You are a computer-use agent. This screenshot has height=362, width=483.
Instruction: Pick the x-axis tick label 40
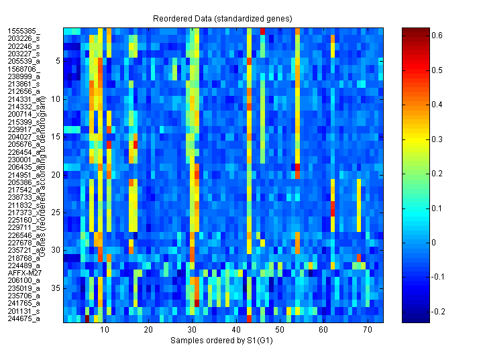point(235,330)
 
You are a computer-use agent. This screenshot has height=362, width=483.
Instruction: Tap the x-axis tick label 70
point(368,330)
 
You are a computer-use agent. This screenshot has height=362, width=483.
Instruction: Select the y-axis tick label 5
point(58,61)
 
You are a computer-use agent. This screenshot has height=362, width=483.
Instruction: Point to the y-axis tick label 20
point(56,174)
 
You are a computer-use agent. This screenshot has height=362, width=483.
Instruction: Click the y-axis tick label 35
point(56,288)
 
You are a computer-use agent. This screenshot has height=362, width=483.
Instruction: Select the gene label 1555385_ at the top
point(23,32)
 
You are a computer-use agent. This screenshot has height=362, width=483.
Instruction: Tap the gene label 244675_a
point(23,318)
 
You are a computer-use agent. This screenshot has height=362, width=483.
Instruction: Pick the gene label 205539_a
point(23,62)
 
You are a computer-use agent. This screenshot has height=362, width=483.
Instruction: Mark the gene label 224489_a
point(23,265)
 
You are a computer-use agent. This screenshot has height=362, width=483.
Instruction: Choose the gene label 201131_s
point(23,311)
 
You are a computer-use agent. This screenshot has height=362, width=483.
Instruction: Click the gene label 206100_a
point(23,281)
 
